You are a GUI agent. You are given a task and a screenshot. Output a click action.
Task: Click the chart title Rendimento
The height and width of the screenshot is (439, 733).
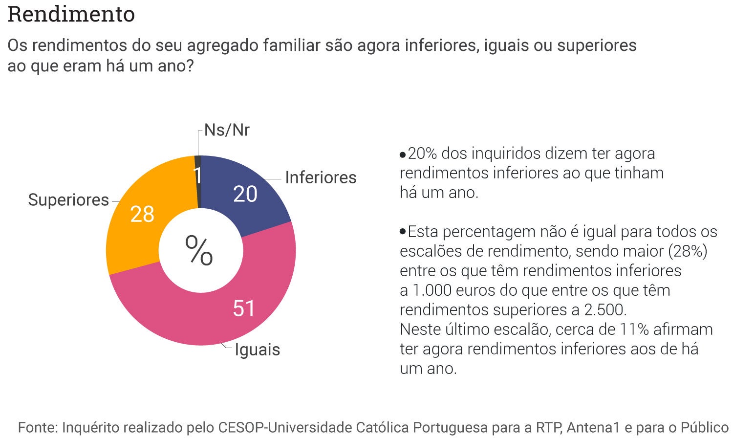(x=71, y=14)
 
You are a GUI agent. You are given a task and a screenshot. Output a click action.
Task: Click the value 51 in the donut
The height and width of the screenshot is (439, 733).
(x=244, y=308)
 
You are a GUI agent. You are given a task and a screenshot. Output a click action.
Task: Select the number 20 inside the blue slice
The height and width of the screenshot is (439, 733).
(x=245, y=194)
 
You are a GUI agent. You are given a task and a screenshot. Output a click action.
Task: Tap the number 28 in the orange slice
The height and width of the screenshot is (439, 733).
(x=142, y=214)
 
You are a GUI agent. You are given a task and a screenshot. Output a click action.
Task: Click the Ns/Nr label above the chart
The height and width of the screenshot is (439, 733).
(x=227, y=130)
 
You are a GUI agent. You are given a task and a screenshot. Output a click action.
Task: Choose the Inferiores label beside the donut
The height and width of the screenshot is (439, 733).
(x=321, y=177)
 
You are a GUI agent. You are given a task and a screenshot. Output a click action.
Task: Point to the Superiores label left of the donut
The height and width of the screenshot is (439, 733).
(x=68, y=200)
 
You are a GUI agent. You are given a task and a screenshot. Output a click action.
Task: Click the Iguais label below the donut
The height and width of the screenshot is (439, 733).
(x=258, y=350)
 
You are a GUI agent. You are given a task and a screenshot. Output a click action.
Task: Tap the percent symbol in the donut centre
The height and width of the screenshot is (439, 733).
(x=199, y=250)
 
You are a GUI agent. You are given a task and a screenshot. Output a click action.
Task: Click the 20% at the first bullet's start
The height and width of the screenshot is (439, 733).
(x=422, y=154)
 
